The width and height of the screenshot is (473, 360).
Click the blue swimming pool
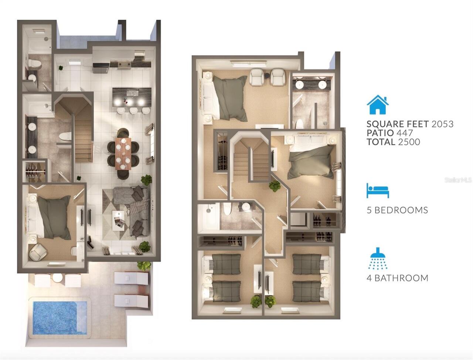(60, 318)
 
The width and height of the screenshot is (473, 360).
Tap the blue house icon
(378, 104)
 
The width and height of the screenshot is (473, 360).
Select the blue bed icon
(378, 191)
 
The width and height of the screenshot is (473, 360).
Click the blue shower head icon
(378, 258)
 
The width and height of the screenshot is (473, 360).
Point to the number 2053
(442, 124)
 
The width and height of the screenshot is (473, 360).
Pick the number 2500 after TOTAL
(409, 142)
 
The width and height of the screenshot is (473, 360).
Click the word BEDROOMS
(401, 210)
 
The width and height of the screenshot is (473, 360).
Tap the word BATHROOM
(401, 278)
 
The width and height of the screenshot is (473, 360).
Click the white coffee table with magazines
(118, 220)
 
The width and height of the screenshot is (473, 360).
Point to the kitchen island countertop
(132, 97)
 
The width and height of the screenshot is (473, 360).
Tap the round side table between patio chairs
(58, 278)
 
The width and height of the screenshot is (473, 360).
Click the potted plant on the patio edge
(144, 266)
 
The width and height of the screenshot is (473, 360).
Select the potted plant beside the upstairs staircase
(275, 186)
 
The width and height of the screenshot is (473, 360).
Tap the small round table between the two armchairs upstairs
(268, 75)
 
